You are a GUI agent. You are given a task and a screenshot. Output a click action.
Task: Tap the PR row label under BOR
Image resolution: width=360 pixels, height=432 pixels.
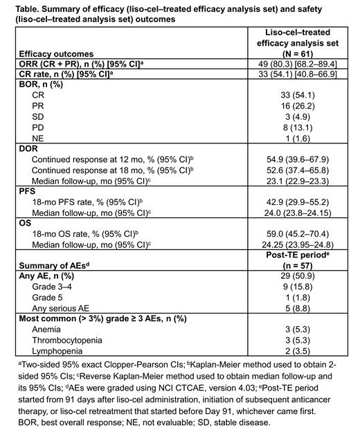click(x=40, y=105)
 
